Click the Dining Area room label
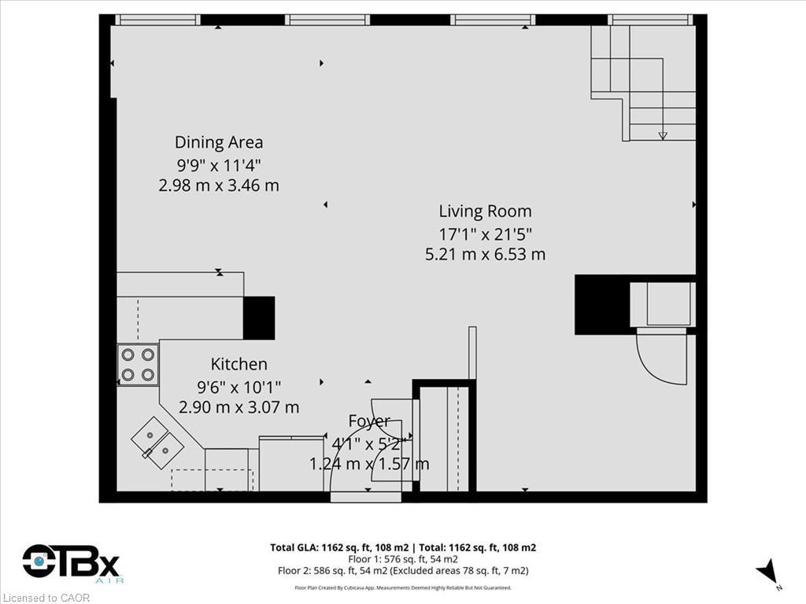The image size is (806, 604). [x=219, y=142]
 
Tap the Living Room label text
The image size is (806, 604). [x=485, y=211]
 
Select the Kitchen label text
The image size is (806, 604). [x=238, y=364]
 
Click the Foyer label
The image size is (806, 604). [x=369, y=422]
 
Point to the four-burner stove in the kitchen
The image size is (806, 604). [x=138, y=365]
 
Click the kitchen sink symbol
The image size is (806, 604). [x=157, y=442]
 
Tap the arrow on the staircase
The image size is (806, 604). [x=663, y=134]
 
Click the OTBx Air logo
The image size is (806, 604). [x=71, y=565]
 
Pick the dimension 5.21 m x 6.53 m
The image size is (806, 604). [x=485, y=254]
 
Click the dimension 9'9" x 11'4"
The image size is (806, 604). [x=219, y=165]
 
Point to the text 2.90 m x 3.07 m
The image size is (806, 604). [x=238, y=407]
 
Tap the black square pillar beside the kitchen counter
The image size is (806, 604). [x=258, y=318]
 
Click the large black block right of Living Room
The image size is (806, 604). [x=602, y=304]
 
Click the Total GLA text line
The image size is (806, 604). [x=403, y=547]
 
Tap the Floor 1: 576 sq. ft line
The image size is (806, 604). [x=403, y=559]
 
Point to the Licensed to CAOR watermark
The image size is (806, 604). [x=46, y=598]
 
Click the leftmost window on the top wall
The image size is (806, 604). [x=157, y=20]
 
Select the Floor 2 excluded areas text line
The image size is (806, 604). [x=403, y=570]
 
